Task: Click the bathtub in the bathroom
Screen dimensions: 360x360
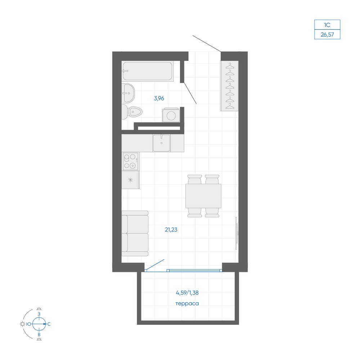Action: (147, 71)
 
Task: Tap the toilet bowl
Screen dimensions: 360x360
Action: (132, 112)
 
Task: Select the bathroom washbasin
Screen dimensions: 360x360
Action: (128, 93)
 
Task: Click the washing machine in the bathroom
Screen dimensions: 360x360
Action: (171, 115)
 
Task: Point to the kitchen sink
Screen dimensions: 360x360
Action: (161, 143)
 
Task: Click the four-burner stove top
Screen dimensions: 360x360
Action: (130, 161)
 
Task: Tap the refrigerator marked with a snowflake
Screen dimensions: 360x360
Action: (130, 180)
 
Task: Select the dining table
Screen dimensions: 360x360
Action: (203, 196)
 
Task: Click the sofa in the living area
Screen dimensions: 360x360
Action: (135, 233)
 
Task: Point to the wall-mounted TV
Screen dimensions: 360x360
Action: (237, 233)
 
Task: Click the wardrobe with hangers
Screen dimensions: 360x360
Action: (229, 86)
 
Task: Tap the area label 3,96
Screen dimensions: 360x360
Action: (159, 99)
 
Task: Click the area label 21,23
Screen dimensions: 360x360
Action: (171, 230)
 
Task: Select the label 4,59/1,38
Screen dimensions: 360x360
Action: (187, 293)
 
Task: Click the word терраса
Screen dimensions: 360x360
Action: (187, 303)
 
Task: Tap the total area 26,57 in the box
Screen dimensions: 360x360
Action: (327, 35)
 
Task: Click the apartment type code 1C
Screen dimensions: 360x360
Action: (327, 25)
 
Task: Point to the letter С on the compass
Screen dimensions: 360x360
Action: (49, 324)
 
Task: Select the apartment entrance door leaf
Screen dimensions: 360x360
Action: (207, 44)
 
